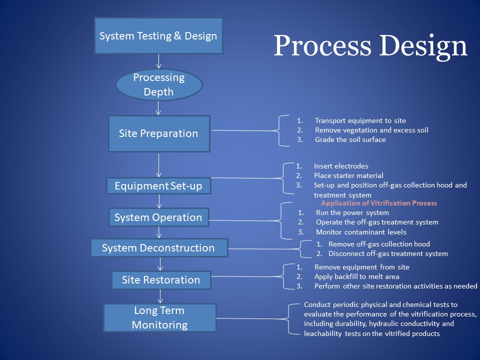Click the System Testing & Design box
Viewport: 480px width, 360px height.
tap(158, 36)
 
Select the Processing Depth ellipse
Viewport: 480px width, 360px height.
tap(159, 84)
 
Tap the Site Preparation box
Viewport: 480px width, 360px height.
tap(158, 133)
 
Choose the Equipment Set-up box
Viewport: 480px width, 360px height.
tap(158, 186)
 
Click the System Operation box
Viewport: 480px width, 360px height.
tap(158, 217)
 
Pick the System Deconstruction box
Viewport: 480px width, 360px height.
tap(158, 248)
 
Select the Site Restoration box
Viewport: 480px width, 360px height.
tap(160, 280)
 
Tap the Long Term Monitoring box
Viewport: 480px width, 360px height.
tap(159, 317)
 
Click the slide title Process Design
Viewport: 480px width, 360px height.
tap(370, 46)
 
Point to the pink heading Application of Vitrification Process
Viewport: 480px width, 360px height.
tap(379, 203)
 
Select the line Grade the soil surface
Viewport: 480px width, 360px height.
tap(350, 139)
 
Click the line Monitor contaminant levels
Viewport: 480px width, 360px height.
tap(361, 232)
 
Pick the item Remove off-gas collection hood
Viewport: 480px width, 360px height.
tap(379, 244)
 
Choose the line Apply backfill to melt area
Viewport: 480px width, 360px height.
tap(356, 276)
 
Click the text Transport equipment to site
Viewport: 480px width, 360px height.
tap(360, 120)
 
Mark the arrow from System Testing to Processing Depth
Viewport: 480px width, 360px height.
tap(159, 61)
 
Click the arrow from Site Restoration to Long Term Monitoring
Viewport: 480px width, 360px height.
tap(160, 296)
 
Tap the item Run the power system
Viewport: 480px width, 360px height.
tap(352, 212)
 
